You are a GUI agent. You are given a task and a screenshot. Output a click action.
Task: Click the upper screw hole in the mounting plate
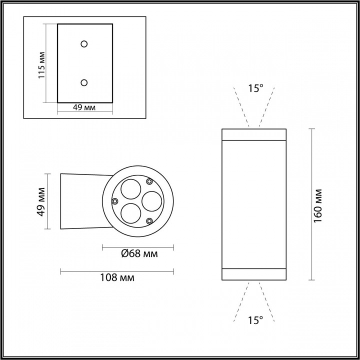[84, 43]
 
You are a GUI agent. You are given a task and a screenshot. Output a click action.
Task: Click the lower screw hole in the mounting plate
[84, 82]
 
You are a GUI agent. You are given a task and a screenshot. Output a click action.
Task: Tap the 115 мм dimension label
[42, 64]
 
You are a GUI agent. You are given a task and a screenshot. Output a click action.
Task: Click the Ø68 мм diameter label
[139, 254]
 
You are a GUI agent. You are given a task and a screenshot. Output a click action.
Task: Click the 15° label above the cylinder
[255, 88]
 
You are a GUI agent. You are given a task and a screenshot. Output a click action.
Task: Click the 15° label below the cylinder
[255, 320]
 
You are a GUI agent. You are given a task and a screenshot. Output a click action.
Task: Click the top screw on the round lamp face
[149, 181]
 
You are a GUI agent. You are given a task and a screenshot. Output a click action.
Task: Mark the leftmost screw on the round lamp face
[115, 201]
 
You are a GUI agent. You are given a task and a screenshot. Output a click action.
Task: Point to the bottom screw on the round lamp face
[149, 220]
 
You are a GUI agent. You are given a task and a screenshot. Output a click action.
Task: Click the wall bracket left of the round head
[82, 201]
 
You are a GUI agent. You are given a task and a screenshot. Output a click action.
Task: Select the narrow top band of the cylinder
[254, 134]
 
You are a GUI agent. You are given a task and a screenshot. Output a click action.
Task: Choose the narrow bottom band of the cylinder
[254, 274]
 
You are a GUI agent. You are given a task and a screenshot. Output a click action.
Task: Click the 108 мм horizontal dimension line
[117, 271]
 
